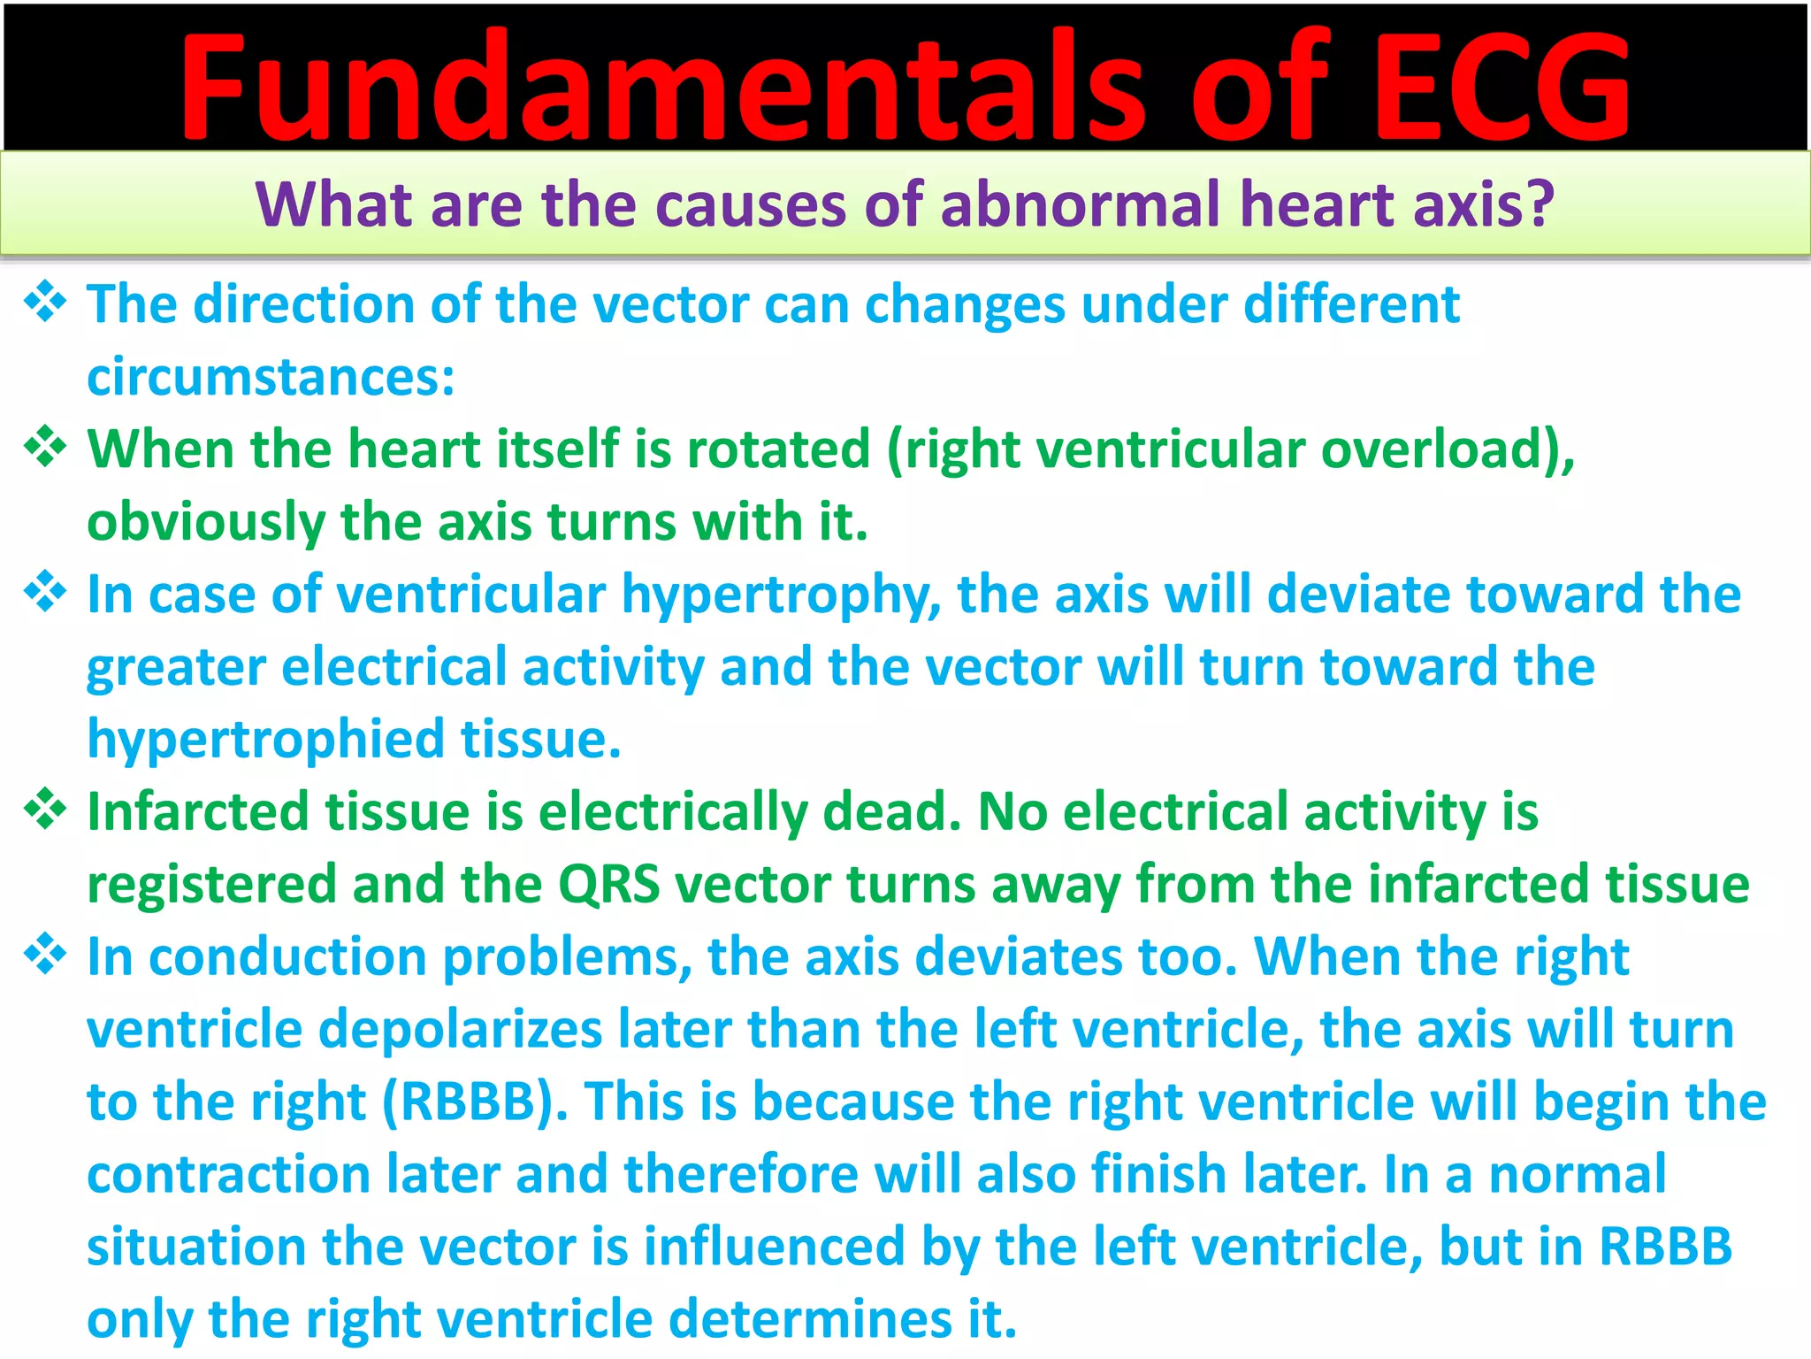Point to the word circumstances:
271,377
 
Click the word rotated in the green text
779,449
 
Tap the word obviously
206,522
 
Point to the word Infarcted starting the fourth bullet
198,811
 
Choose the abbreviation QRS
609,884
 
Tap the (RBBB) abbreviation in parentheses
475,1102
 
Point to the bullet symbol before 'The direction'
45,302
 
